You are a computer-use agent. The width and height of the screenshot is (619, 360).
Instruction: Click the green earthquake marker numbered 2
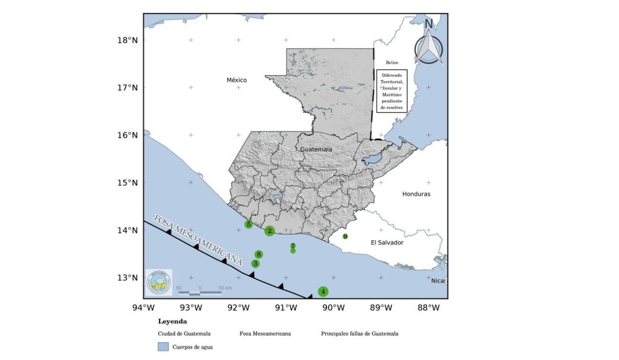pos(270,231)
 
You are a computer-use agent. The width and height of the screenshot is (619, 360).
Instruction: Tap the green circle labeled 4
pos(323,292)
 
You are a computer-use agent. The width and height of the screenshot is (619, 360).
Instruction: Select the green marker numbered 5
pos(249,224)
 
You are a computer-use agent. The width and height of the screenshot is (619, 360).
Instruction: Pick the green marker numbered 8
pos(259,254)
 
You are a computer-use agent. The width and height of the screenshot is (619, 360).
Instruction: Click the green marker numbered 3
pos(255,263)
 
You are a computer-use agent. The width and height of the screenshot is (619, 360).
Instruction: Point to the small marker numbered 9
pos(345,236)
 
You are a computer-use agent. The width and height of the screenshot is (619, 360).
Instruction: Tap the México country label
pos(237,80)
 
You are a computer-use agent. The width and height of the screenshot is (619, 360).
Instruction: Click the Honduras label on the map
pos(416,194)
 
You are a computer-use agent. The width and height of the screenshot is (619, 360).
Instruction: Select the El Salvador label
pos(387,243)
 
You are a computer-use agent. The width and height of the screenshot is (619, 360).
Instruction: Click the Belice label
pos(392,62)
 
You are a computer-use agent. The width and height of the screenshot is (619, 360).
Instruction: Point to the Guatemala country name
pos(316,149)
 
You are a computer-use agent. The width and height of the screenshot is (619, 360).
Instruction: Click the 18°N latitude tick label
pos(127,40)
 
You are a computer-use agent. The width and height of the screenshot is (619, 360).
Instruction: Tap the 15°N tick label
pos(127,183)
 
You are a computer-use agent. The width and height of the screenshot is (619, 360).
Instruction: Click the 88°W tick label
pos(428,308)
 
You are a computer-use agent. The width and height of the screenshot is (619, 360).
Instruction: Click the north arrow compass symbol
pos(428,45)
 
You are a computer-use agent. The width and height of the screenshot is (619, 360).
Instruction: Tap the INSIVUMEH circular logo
pos(159,282)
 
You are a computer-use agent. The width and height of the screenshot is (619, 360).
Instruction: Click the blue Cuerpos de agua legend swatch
pos(163,347)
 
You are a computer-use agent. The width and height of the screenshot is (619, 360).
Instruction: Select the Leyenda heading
pos(172,321)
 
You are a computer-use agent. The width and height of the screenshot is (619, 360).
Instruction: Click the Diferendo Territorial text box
pos(392,91)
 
